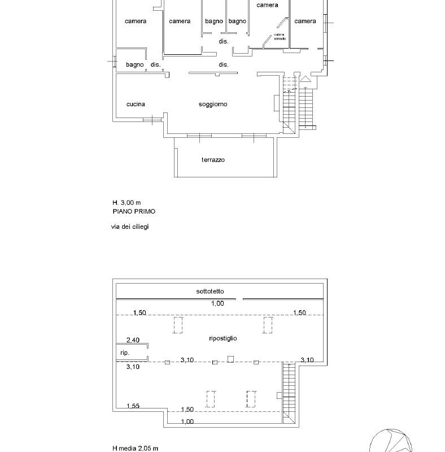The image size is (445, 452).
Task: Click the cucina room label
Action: [x=136, y=104]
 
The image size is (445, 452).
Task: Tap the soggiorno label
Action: [x=213, y=104]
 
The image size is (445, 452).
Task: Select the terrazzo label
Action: [x=213, y=160]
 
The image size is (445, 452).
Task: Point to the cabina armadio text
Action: [x=280, y=37]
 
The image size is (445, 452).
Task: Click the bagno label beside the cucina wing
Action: [x=135, y=65]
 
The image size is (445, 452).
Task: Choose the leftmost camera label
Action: [x=136, y=21]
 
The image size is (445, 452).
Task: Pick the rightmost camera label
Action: [x=305, y=21]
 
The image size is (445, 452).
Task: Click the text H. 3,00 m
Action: [x=126, y=202]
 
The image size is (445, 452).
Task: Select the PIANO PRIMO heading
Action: [x=134, y=211]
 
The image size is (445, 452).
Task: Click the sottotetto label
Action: [x=211, y=292]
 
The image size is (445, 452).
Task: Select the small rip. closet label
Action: [x=125, y=353]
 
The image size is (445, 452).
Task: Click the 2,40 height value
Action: [x=133, y=340]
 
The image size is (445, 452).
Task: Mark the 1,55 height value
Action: [x=133, y=406]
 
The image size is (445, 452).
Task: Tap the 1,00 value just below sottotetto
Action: [x=218, y=303]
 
